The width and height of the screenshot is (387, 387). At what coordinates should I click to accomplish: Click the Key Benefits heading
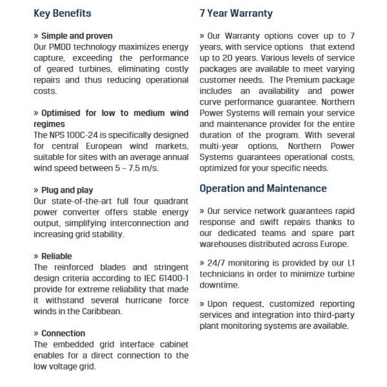(62, 13)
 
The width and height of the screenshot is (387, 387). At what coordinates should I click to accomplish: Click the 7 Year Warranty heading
(236, 13)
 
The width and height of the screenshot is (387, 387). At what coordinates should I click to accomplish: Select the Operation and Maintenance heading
(263, 188)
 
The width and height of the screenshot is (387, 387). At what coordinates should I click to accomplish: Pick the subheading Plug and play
(64, 190)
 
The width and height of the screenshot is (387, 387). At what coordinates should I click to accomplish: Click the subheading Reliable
(54, 256)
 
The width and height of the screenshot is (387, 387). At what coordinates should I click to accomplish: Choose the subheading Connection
(61, 333)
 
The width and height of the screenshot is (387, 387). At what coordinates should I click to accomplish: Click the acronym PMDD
(62, 48)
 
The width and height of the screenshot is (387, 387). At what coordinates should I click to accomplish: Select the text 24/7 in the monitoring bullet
(218, 263)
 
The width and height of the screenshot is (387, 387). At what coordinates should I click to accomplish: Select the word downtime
(219, 284)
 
